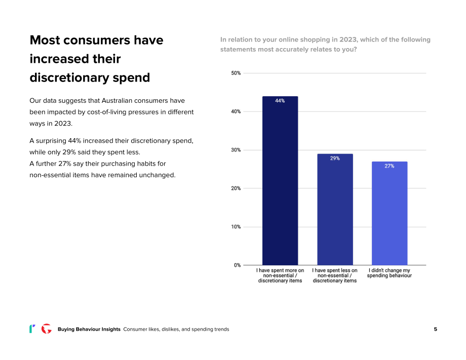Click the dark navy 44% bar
click(280, 181)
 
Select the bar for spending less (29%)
click(335, 210)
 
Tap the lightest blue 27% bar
click(390, 213)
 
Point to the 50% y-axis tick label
click(236, 73)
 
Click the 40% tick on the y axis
click(236, 112)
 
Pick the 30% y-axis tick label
click(236, 150)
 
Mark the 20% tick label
click(236, 188)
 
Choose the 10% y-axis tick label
click(236, 227)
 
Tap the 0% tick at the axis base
click(237, 265)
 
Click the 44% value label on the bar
click(280, 101)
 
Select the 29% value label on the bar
click(335, 158)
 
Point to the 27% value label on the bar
click(390, 166)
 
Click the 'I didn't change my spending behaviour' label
click(390, 273)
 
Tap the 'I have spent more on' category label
click(280, 270)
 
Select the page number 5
click(436, 329)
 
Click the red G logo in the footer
click(47, 329)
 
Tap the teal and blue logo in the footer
click(32, 329)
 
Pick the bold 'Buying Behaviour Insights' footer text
click(89, 329)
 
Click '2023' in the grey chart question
click(348, 40)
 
